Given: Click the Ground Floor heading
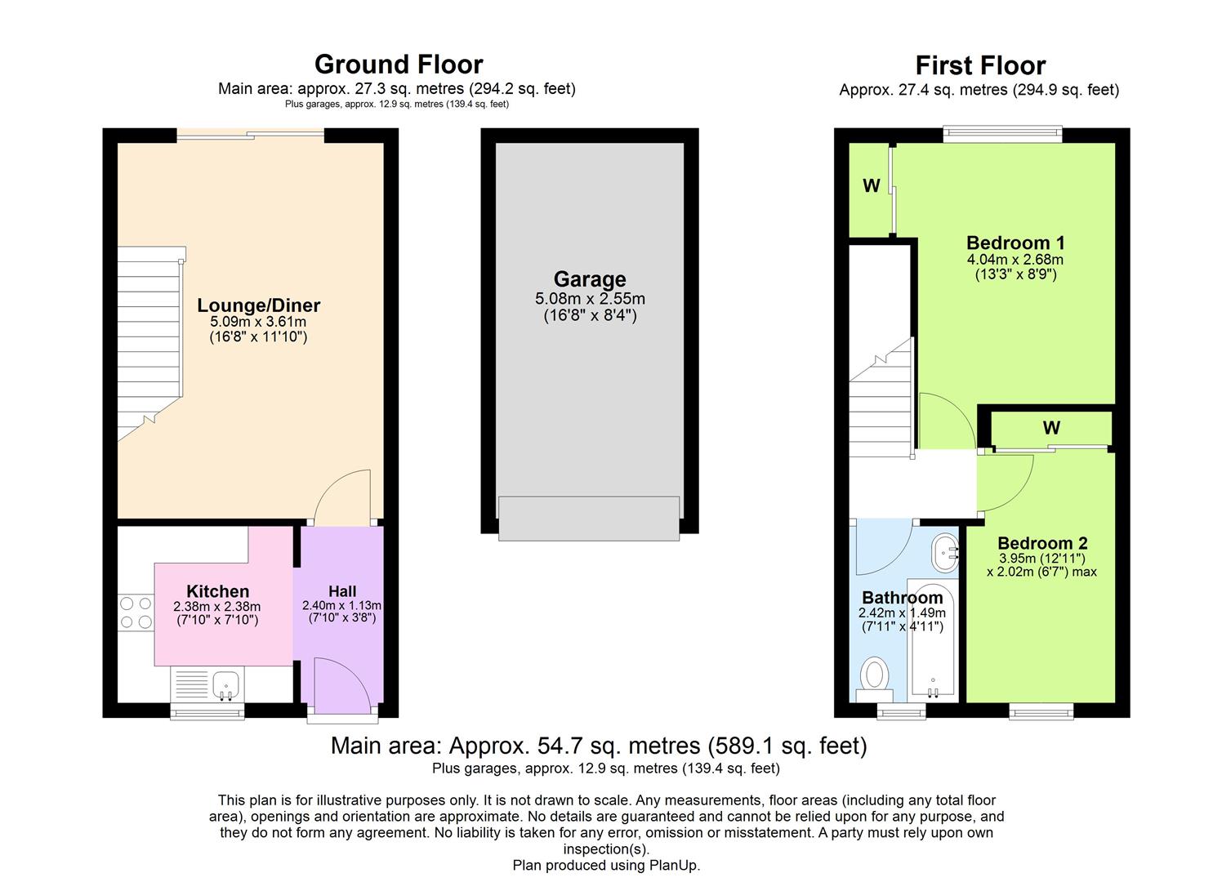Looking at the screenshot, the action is click(x=399, y=65).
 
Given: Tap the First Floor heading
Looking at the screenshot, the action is click(x=980, y=65).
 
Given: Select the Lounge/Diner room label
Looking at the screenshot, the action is click(x=258, y=305).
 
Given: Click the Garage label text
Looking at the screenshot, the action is click(x=590, y=278).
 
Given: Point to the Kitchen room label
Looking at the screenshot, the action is click(x=218, y=590).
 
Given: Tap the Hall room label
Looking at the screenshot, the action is click(x=342, y=591).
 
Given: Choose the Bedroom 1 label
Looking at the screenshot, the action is click(x=1015, y=242).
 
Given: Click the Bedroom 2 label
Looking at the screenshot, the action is click(x=1042, y=542).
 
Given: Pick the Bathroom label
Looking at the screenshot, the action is click(x=902, y=597).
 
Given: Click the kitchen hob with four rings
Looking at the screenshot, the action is click(x=136, y=612).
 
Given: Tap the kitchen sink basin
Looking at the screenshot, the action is click(x=225, y=686).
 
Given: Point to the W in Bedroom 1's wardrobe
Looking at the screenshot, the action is click(x=872, y=185).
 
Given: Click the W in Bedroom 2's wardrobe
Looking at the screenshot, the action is click(x=1051, y=428).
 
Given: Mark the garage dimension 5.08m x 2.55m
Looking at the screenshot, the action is click(x=590, y=298).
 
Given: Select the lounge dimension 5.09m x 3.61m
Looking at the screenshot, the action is click(x=258, y=321).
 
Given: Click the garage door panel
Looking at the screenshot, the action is click(x=589, y=518).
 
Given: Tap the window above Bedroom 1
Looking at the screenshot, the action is click(x=1002, y=134).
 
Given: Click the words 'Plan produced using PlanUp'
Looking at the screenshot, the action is click(x=606, y=865).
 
